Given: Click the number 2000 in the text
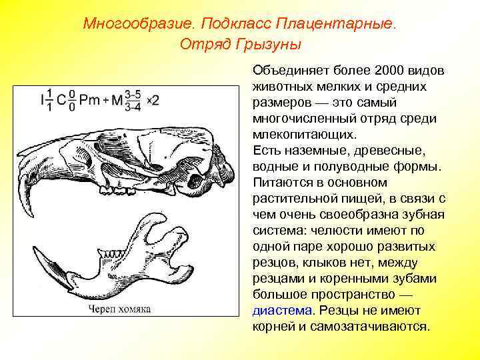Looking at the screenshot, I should [390, 71].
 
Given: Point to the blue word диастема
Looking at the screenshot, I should [282, 311].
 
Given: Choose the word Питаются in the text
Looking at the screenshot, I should [281, 183].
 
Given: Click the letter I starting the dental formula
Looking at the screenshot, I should [43, 101].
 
